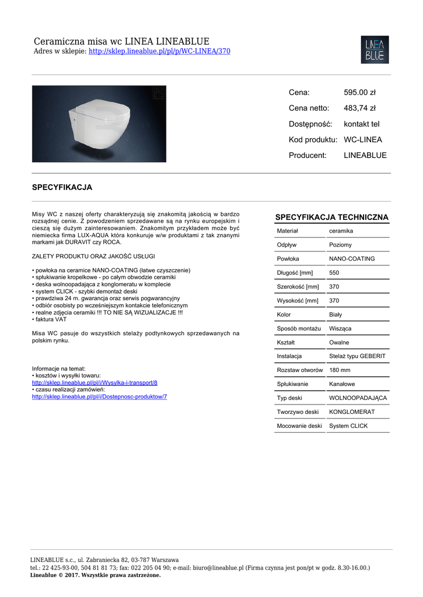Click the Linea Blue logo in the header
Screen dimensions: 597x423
click(x=375, y=50)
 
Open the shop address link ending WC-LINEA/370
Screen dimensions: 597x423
click(x=159, y=51)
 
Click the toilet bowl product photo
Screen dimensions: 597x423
click(x=99, y=124)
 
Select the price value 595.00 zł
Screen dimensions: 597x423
click(x=359, y=92)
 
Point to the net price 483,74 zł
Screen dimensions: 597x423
click(x=359, y=108)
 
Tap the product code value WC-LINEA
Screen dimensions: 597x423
click(x=363, y=140)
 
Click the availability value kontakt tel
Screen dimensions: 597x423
click(x=361, y=124)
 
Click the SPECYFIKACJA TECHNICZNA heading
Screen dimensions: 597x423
click(x=331, y=217)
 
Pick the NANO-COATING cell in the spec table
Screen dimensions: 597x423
click(x=352, y=259)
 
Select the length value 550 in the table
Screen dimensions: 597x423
click(x=334, y=273)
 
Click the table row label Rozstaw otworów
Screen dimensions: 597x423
click(x=300, y=370)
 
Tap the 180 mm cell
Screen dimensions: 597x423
click(x=340, y=370)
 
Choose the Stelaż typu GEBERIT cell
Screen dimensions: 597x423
click(x=357, y=356)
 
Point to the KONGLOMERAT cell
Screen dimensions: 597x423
click(x=352, y=412)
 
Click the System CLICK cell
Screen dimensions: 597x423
click(x=348, y=426)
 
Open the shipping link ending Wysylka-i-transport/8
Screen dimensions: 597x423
click(x=95, y=382)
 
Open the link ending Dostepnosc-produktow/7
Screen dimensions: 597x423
click(x=99, y=396)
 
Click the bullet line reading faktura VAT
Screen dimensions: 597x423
click(x=51, y=319)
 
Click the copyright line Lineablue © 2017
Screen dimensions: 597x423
click(x=95, y=575)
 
